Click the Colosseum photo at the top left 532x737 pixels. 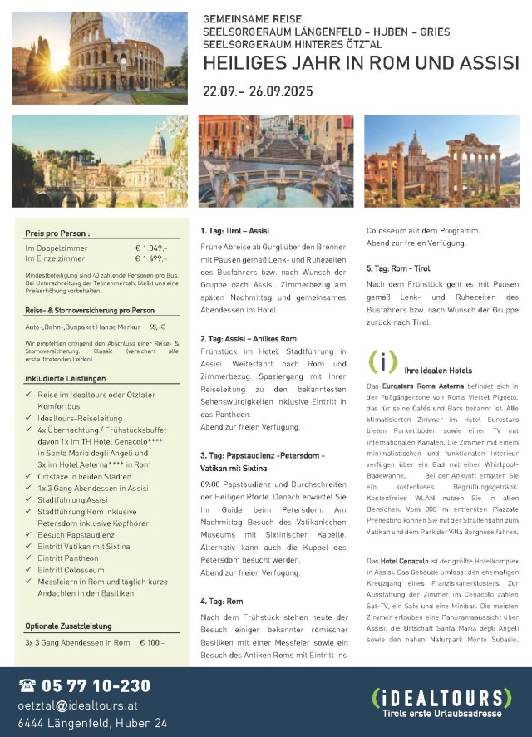100,57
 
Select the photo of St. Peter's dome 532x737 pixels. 100,161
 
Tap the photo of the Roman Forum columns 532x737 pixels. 441,161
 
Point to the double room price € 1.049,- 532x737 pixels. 150,248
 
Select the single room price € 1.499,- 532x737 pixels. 150,258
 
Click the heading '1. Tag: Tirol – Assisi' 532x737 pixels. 234,230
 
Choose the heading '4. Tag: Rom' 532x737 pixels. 220,600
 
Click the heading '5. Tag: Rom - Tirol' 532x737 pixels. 398,268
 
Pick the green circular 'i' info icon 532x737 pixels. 382,362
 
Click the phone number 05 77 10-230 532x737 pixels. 95,685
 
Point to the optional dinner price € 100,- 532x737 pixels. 152,642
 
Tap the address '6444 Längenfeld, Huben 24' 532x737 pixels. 92,722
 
